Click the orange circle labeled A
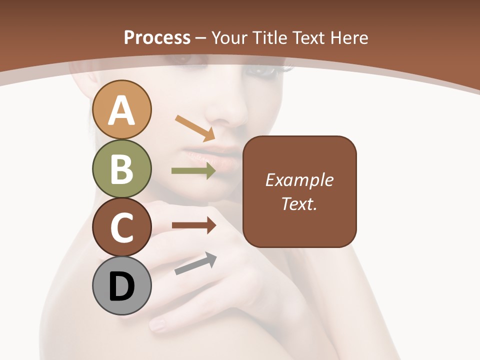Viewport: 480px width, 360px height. coord(122,109)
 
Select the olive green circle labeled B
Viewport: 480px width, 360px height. coord(122,168)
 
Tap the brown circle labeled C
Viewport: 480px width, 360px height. coord(122,227)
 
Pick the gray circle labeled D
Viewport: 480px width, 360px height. coord(122,286)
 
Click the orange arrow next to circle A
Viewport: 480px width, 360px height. coord(195,127)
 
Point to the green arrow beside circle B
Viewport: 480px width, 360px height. coord(193,171)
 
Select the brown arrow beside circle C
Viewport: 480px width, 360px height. coord(193,225)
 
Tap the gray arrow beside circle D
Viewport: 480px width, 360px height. coord(195,263)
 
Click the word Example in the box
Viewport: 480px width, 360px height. coord(299,180)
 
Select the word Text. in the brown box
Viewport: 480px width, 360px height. coord(299,203)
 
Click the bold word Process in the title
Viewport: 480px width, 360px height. coord(157,37)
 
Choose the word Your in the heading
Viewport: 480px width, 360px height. coord(230,37)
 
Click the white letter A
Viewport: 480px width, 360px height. coord(122,110)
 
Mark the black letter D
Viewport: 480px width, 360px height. coord(122,287)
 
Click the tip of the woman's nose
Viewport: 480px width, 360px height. coord(227,120)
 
